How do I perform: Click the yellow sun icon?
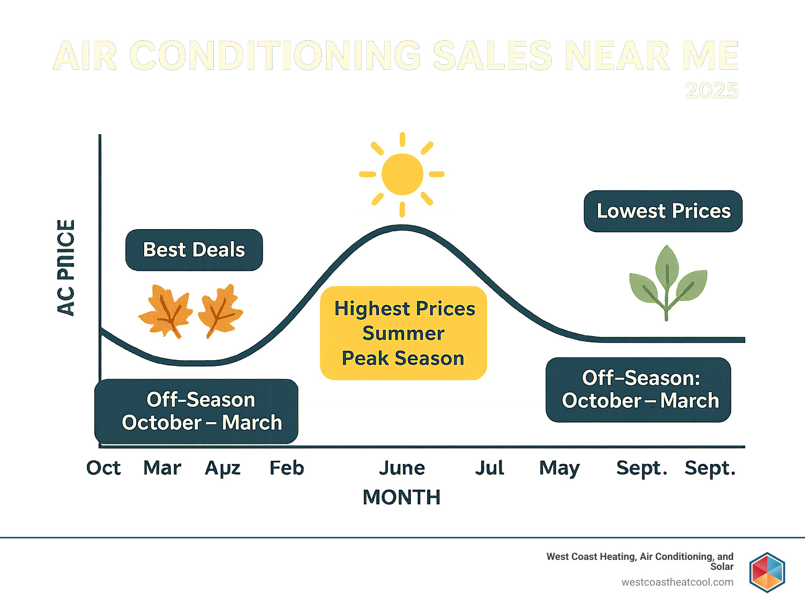click(402, 174)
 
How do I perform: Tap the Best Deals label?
click(194, 250)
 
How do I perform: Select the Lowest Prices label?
click(663, 211)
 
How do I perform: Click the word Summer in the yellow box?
click(403, 333)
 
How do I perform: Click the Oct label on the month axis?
click(103, 468)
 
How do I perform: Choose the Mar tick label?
click(162, 468)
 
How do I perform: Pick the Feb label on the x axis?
click(286, 468)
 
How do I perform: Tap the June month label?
click(402, 468)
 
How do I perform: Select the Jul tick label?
click(489, 468)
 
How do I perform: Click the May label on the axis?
click(559, 468)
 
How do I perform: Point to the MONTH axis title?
click(401, 497)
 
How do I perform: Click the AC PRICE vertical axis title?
click(66, 267)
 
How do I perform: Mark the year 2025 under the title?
click(712, 91)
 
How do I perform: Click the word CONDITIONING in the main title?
click(275, 56)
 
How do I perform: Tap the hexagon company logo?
click(767, 572)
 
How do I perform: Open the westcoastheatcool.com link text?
click(677, 582)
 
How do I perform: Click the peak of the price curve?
click(402, 227)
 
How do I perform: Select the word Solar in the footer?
click(722, 567)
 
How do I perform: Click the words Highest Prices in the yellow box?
click(405, 309)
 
